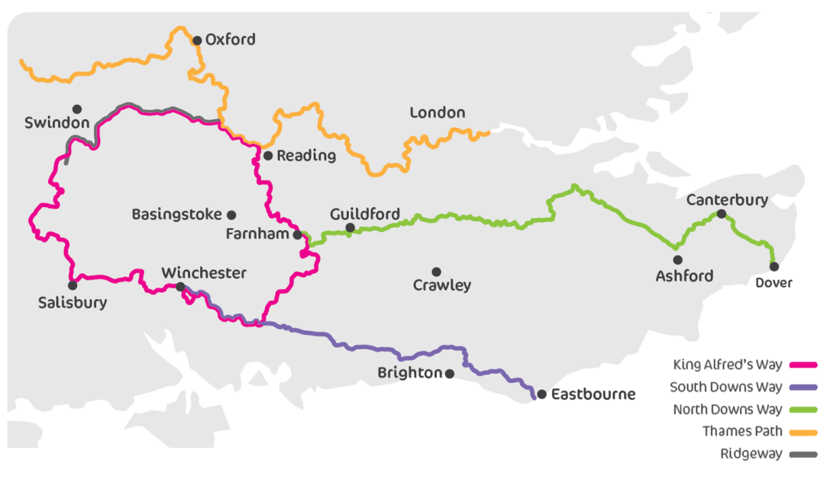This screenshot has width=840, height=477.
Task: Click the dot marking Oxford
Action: tap(197, 41)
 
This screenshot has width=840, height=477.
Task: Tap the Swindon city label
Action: tap(57, 123)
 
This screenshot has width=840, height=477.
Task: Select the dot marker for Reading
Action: tap(268, 155)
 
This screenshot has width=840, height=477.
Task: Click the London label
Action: tap(437, 113)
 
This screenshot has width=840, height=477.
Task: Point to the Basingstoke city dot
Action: tap(231, 215)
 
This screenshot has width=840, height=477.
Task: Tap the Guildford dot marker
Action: tap(350, 228)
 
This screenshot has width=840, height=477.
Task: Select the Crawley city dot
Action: tap(436, 272)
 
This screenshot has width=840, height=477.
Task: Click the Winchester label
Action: tap(204, 273)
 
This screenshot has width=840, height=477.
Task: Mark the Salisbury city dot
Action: tap(73, 285)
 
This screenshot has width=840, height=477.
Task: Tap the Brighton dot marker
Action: tap(450, 374)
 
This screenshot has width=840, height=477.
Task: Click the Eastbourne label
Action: tap(593, 395)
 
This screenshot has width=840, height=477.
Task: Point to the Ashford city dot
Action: tap(677, 260)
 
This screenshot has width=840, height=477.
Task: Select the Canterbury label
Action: tap(726, 200)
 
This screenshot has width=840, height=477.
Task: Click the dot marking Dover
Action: tap(774, 267)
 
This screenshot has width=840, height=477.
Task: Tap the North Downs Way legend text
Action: tap(727, 410)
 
